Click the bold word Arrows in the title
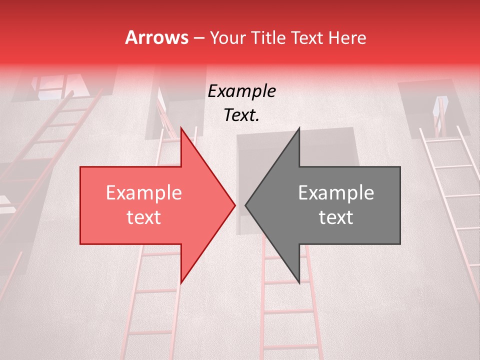(x=157, y=38)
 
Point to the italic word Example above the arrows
(x=241, y=91)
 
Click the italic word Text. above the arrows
(x=241, y=115)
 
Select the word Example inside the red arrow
(x=143, y=193)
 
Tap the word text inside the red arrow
(x=143, y=217)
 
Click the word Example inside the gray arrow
(x=336, y=193)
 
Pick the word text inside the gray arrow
(x=336, y=217)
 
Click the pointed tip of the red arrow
(x=235, y=205)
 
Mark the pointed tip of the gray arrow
(x=245, y=205)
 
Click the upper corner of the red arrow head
(x=181, y=128)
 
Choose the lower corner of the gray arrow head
(x=299, y=283)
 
